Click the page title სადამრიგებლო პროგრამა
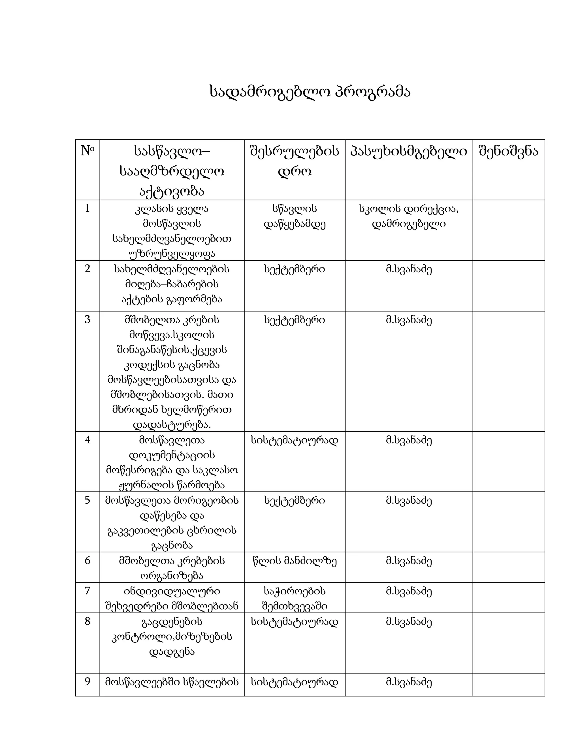[310, 92]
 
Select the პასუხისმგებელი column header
[409, 151]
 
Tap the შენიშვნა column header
[509, 151]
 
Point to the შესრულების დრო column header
[295, 161]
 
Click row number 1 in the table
[87, 209]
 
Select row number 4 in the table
[87, 440]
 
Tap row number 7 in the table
[87, 591]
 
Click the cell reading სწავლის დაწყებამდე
[295, 216]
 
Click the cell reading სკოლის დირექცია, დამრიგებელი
[409, 216]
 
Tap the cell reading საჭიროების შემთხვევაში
[295, 599]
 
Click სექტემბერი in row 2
[295, 269]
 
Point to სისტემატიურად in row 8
[295, 622]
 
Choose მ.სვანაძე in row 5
[409, 501]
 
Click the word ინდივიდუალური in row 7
[172, 591]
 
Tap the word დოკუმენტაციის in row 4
[172, 455]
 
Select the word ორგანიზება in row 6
[172, 576]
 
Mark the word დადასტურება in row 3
[172, 425]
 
